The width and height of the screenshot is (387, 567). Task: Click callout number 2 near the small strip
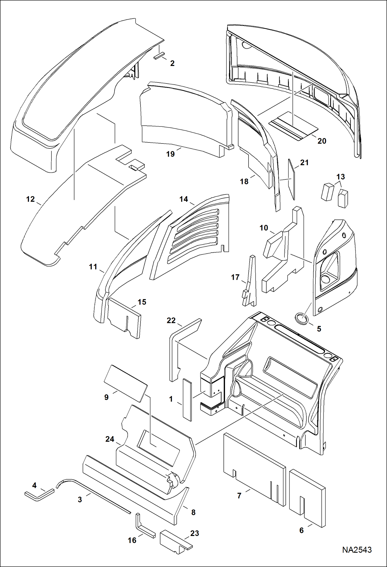coord(172,63)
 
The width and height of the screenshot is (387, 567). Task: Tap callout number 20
coord(322,141)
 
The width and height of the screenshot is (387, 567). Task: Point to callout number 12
coord(30,199)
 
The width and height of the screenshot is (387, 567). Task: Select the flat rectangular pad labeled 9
coord(126,383)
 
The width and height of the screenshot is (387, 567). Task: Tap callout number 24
coord(110,439)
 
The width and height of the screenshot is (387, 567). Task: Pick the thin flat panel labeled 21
coord(291,178)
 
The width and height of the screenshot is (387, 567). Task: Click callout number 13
coord(340,177)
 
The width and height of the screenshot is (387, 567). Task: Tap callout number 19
coord(170,154)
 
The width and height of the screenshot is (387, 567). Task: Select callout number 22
coord(171,321)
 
